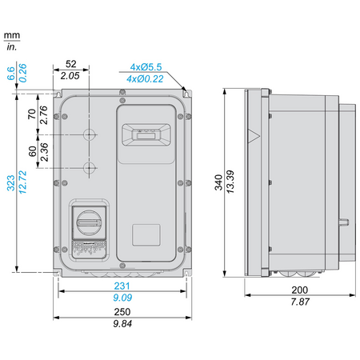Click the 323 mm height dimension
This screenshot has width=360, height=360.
(10, 183)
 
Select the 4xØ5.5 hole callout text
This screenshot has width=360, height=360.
(146, 67)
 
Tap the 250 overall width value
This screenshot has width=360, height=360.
(122, 311)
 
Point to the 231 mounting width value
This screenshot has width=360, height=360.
(122, 286)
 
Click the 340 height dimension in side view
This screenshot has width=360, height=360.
(218, 182)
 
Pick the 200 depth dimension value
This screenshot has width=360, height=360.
(300, 290)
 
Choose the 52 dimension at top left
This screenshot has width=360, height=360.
(71, 64)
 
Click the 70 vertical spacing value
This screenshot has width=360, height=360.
(32, 114)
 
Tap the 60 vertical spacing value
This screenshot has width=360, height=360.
(32, 151)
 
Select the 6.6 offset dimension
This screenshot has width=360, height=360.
(11, 74)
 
